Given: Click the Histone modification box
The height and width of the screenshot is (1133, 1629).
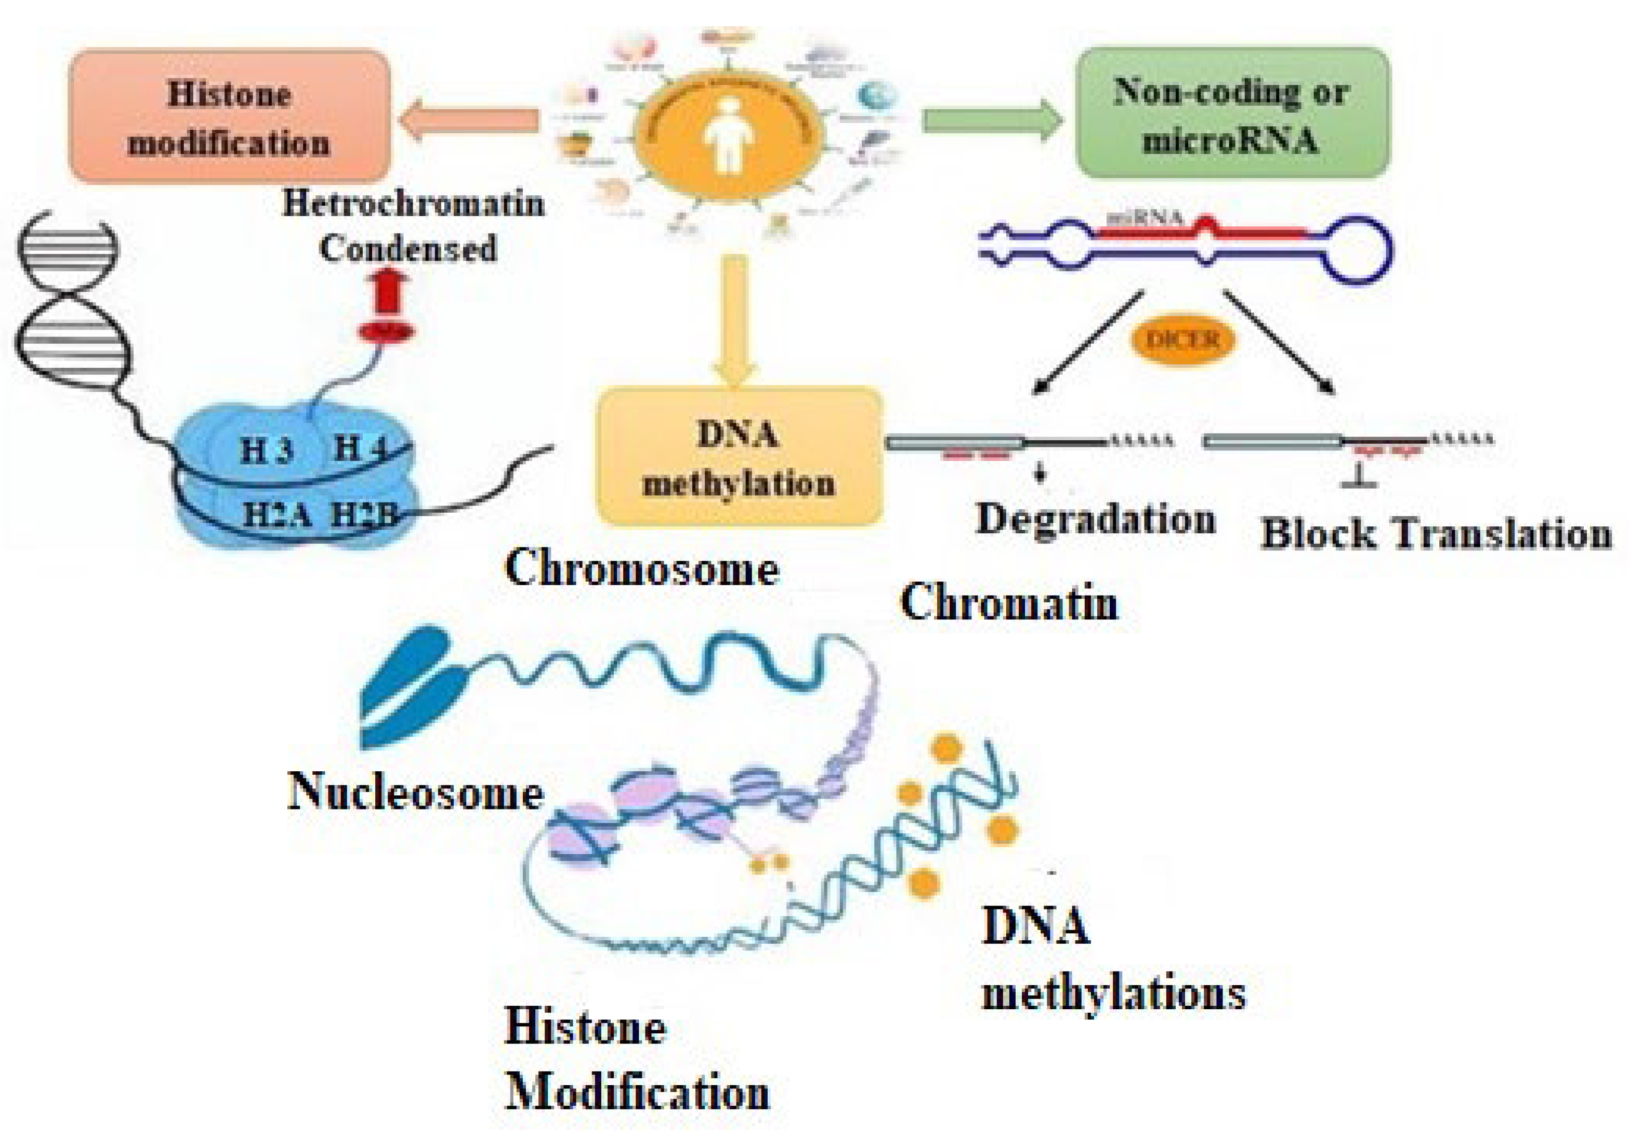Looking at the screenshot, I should (229, 116).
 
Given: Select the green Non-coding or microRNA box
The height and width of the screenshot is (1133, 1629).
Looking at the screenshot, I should (1233, 114).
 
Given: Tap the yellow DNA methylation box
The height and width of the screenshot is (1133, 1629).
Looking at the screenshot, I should (739, 456).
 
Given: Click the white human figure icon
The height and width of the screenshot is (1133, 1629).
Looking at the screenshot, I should (728, 135).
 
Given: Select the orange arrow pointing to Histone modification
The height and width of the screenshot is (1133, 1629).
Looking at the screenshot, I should (469, 120).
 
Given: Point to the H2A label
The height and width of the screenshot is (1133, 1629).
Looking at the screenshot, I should (277, 514).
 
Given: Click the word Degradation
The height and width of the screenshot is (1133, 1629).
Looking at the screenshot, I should (1095, 519).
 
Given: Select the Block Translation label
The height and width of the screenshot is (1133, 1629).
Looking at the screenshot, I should (1436, 533).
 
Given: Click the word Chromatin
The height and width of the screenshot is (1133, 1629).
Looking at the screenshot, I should (1009, 603).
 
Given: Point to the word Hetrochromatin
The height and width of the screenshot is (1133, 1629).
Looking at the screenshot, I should (414, 204).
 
